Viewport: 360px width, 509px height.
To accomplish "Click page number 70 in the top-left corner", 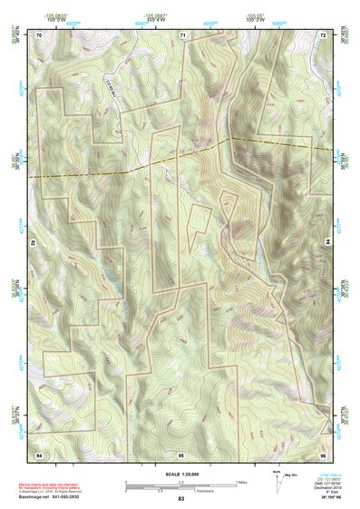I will point(39,34).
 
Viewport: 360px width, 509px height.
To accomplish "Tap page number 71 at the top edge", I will point(181,34).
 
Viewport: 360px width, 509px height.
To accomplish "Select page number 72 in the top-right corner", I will point(323,34).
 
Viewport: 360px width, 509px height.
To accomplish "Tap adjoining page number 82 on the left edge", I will point(34,243).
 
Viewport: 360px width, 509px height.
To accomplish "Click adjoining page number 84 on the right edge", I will point(327,243).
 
